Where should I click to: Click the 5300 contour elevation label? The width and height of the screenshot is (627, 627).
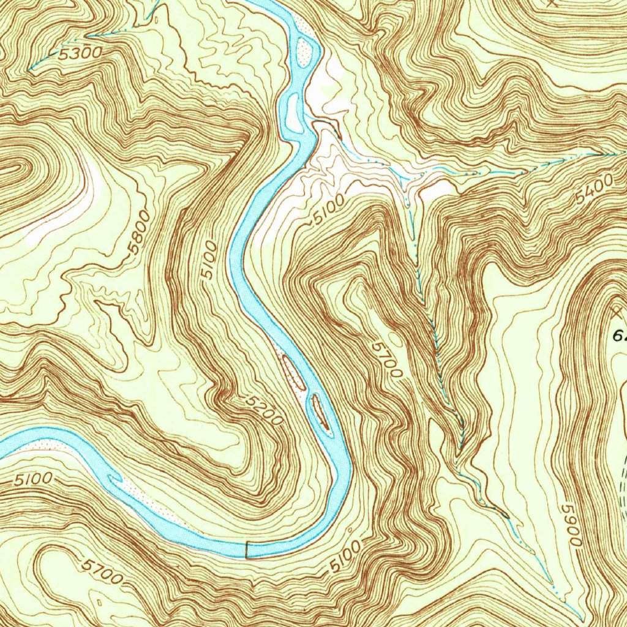[x=80, y=53]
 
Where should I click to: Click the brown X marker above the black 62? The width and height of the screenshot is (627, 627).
[x=616, y=313]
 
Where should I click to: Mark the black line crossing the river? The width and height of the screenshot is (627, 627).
[x=246, y=549]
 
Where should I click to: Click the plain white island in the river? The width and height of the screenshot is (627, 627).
[x=291, y=113]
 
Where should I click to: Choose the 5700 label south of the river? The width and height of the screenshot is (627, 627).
[x=102, y=570]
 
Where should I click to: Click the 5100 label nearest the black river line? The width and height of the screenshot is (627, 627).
[x=343, y=557]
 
